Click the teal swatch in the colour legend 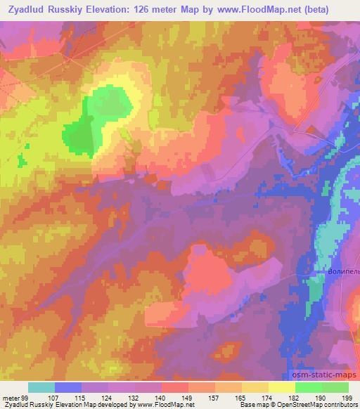point(41,387)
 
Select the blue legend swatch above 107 point(68,387)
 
